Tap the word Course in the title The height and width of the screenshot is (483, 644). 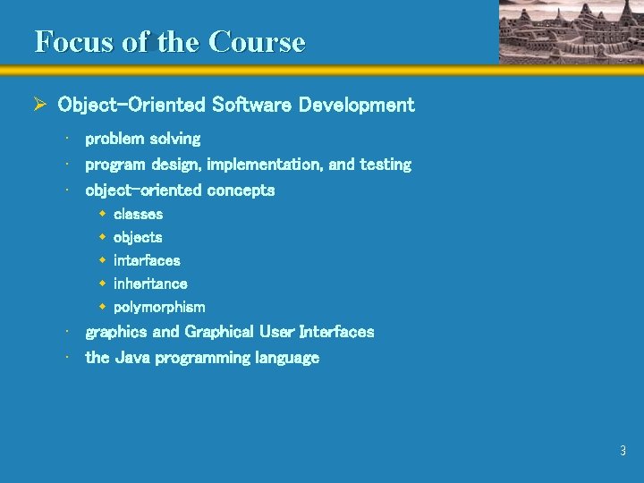click(257, 42)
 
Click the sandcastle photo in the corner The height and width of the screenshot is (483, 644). click(569, 31)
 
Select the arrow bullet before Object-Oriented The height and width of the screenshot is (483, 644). click(39, 106)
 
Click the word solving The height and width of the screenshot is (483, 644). click(175, 139)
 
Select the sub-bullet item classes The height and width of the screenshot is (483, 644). click(139, 214)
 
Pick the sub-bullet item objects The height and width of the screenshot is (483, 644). click(138, 237)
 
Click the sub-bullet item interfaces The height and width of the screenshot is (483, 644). click(147, 260)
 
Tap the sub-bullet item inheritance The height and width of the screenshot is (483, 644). click(150, 284)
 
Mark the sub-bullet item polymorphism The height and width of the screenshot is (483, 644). click(159, 307)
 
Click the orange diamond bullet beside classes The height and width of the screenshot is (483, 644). click(103, 214)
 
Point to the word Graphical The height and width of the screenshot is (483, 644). click(219, 332)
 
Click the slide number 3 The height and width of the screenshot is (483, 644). click(623, 452)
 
